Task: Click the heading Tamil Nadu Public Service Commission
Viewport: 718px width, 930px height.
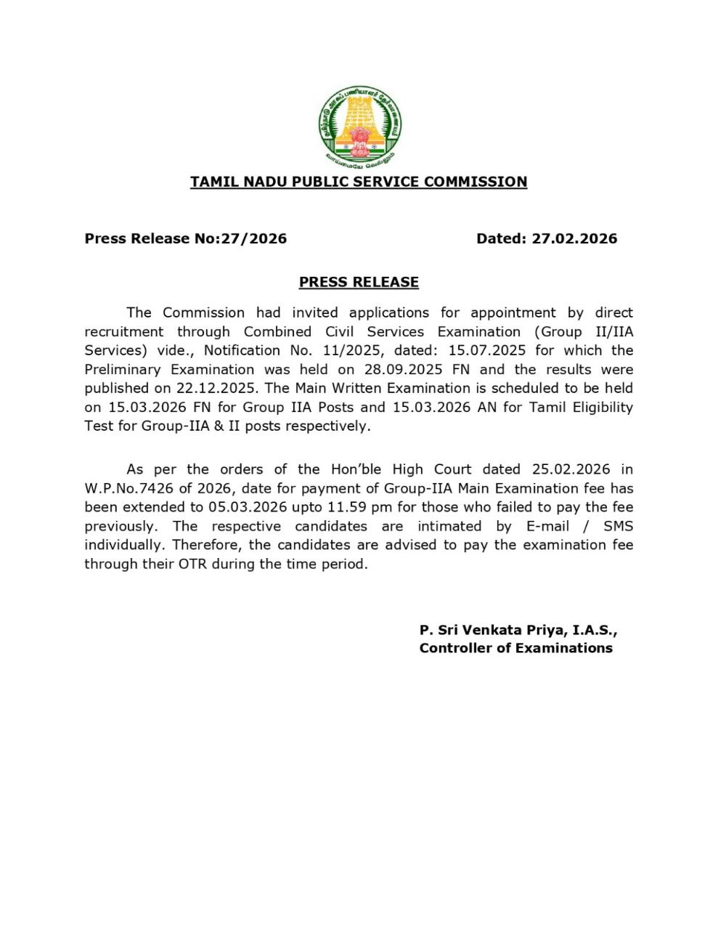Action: pos(359,182)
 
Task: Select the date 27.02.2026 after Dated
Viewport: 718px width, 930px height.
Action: pos(574,239)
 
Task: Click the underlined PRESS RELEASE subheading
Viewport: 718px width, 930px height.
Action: pos(359,282)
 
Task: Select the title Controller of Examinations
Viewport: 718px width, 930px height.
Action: pos(515,648)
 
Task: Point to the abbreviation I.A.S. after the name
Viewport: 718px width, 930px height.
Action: pos(595,629)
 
